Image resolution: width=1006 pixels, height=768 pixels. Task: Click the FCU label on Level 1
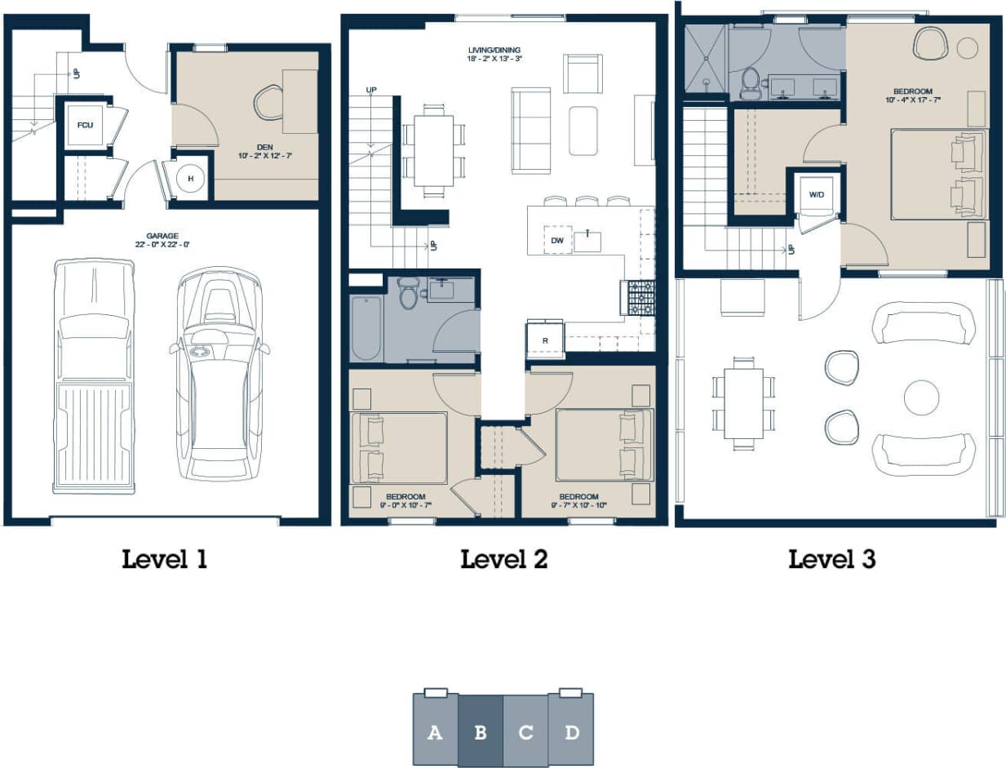pyautogui.click(x=84, y=126)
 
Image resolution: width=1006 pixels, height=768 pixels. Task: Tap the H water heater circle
pyautogui.click(x=190, y=179)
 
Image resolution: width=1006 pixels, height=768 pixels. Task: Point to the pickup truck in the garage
pyautogui.click(x=93, y=375)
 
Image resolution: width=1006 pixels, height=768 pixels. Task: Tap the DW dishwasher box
pyautogui.click(x=558, y=240)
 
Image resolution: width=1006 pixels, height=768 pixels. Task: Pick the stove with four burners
pyautogui.click(x=638, y=298)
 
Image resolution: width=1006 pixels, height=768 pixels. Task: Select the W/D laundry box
pyautogui.click(x=816, y=195)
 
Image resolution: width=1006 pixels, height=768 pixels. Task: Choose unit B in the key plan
pyautogui.click(x=480, y=732)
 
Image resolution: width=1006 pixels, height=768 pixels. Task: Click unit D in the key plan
pyautogui.click(x=571, y=732)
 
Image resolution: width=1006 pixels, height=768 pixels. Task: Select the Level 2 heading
pyautogui.click(x=503, y=559)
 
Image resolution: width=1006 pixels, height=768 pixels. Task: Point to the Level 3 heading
pyautogui.click(x=831, y=559)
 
